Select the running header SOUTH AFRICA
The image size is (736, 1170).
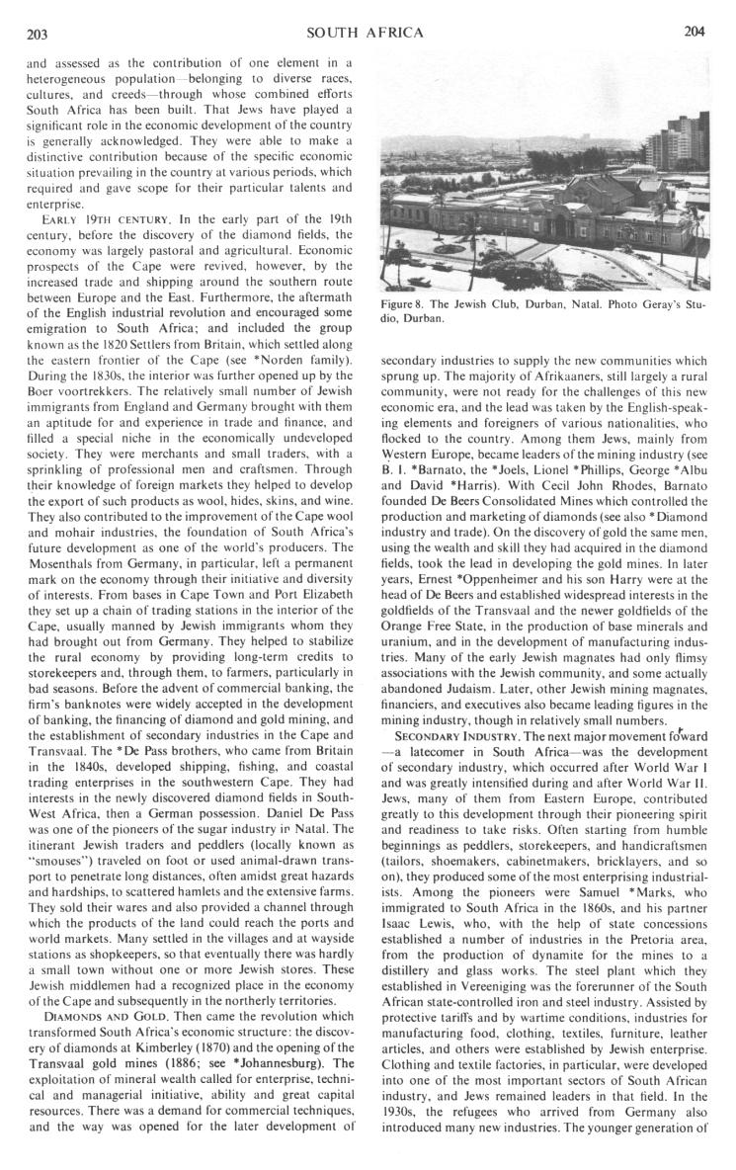point(366,33)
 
